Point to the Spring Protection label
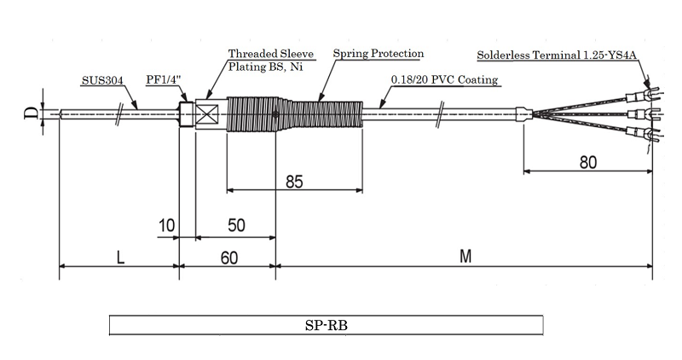tap(378, 54)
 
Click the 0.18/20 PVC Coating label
tap(443, 80)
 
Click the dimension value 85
tap(295, 181)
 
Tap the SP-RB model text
tap(327, 325)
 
